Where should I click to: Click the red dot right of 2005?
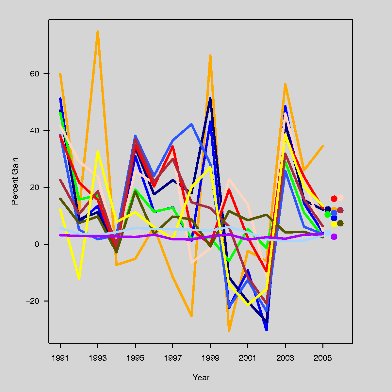334,199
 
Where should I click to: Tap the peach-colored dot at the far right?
340,198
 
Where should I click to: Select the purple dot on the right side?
334,237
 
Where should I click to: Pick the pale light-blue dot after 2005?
328,233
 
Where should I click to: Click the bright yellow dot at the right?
334,224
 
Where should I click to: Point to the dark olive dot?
340,223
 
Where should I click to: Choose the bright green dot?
328,214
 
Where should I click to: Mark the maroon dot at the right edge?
340,210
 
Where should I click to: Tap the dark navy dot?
328,209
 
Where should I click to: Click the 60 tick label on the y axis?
35,74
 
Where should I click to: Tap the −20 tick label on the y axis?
32,301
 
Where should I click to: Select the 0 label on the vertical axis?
37,244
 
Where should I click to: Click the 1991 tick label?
60,358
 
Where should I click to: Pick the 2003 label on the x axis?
285,358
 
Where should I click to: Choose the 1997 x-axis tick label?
172,358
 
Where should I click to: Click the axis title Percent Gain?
15,181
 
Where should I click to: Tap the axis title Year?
201,378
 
